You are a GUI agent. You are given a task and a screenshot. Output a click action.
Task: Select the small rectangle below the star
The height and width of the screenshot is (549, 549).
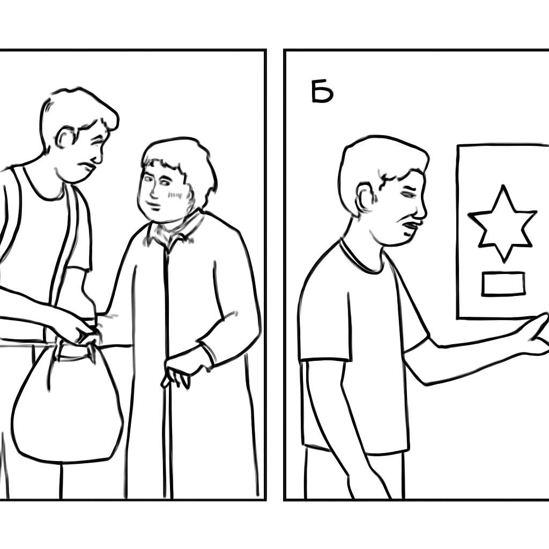coord(503,284)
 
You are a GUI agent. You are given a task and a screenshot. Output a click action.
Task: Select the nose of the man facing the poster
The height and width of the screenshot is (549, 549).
coord(421,210)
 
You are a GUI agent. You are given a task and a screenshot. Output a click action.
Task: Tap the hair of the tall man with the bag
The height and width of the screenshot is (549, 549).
coord(77,105)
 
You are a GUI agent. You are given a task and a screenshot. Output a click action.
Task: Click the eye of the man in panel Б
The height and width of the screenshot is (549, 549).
coord(407,194)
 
